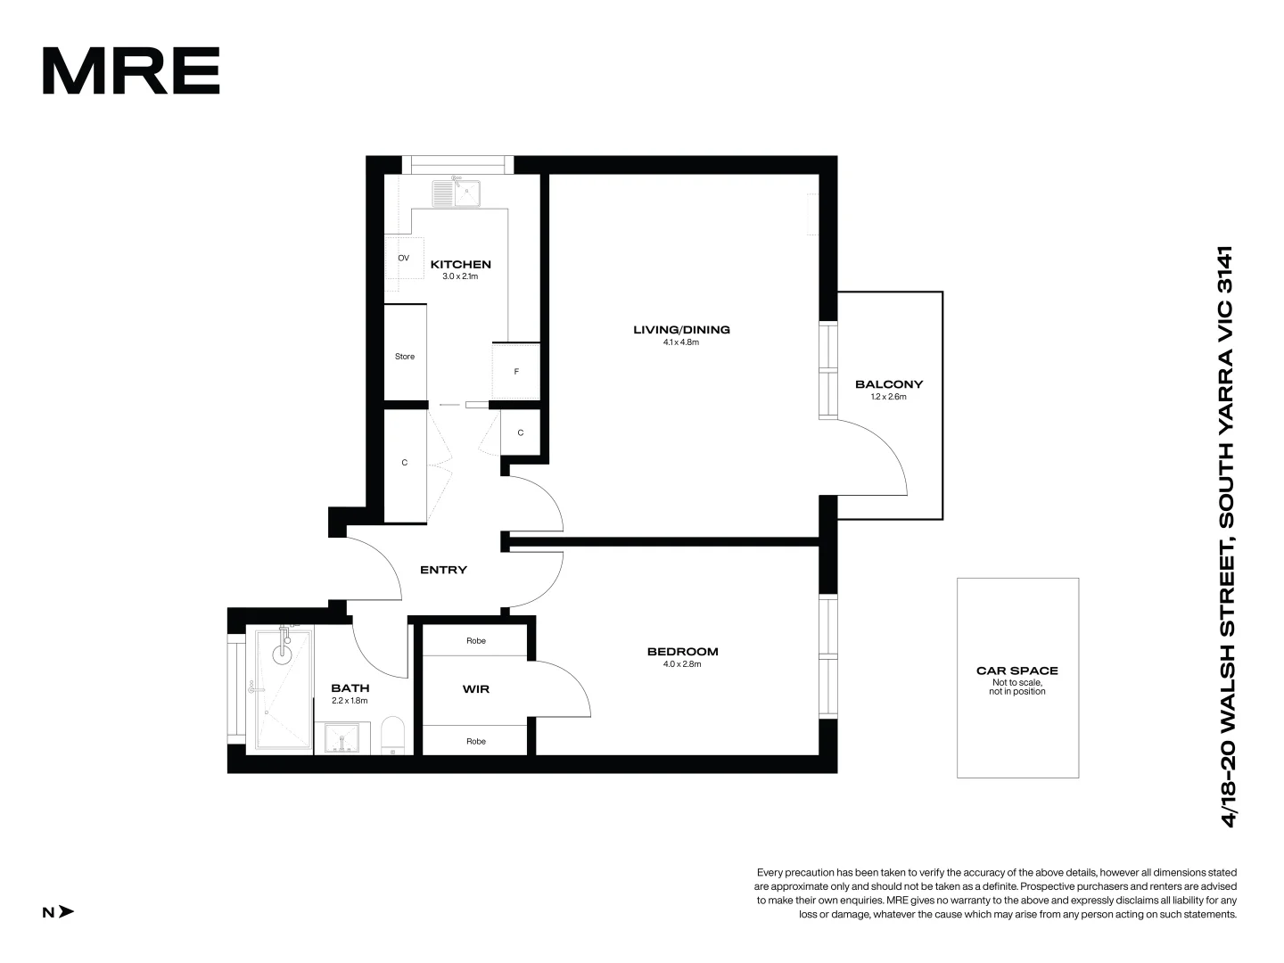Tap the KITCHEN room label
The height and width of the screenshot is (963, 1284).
pos(460,264)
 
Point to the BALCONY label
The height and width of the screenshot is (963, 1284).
pos(888,384)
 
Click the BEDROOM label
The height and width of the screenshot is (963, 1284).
pos(682,652)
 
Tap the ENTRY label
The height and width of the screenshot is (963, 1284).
pos(443,570)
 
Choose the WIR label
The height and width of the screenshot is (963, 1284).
pos(475,689)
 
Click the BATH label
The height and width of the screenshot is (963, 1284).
pos(350,688)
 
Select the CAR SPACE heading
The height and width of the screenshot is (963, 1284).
pos(1017,671)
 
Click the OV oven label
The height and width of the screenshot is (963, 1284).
pos(403,258)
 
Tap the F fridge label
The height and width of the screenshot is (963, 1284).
pos(516,372)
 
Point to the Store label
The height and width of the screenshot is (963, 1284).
pos(405,357)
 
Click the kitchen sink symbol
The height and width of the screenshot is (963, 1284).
pos(457,193)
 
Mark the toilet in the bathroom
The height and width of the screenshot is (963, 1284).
pos(392,736)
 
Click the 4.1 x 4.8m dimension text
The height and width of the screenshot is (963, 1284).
pos(681,342)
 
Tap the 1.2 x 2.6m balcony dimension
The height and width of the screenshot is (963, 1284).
pos(888,397)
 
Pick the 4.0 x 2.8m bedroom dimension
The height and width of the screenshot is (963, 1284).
pos(682,664)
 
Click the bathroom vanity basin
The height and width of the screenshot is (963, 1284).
pos(341,739)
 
